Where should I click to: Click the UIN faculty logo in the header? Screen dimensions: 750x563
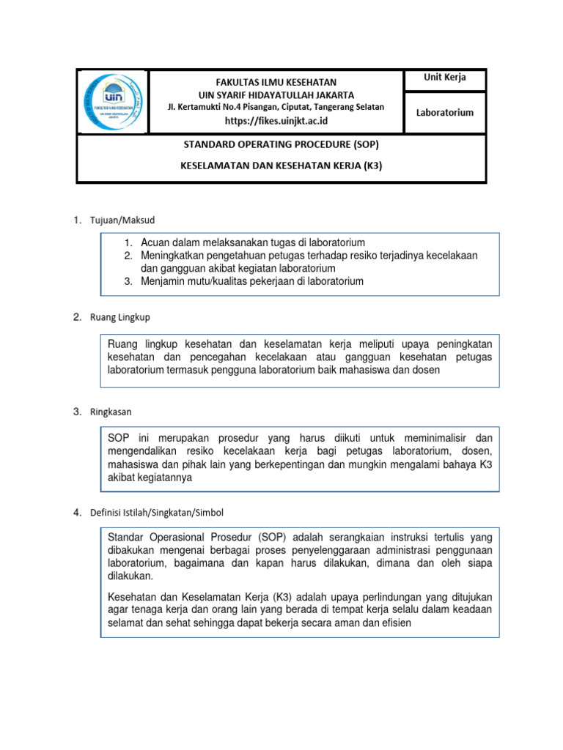(112, 102)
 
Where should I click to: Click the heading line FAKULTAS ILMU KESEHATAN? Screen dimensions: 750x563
(276, 82)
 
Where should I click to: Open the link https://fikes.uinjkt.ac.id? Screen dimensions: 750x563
(276, 120)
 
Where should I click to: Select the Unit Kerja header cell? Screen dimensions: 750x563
(445, 78)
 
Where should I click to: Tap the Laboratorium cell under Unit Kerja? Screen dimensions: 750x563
(445, 112)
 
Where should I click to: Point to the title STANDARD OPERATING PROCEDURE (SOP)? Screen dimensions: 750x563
(281, 144)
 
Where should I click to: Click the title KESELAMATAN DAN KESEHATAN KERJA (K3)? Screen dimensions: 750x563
(281, 166)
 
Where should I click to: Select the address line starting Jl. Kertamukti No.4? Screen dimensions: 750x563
(276, 107)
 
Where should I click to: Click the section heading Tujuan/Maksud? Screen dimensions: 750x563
(123, 220)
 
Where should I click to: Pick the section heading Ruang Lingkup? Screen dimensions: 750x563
(120, 317)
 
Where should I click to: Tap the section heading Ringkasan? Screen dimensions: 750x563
(111, 412)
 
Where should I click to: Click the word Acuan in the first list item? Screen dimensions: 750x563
(155, 242)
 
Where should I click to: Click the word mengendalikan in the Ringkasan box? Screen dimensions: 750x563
(143, 451)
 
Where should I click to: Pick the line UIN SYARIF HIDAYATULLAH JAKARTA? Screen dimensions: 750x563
(276, 94)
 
